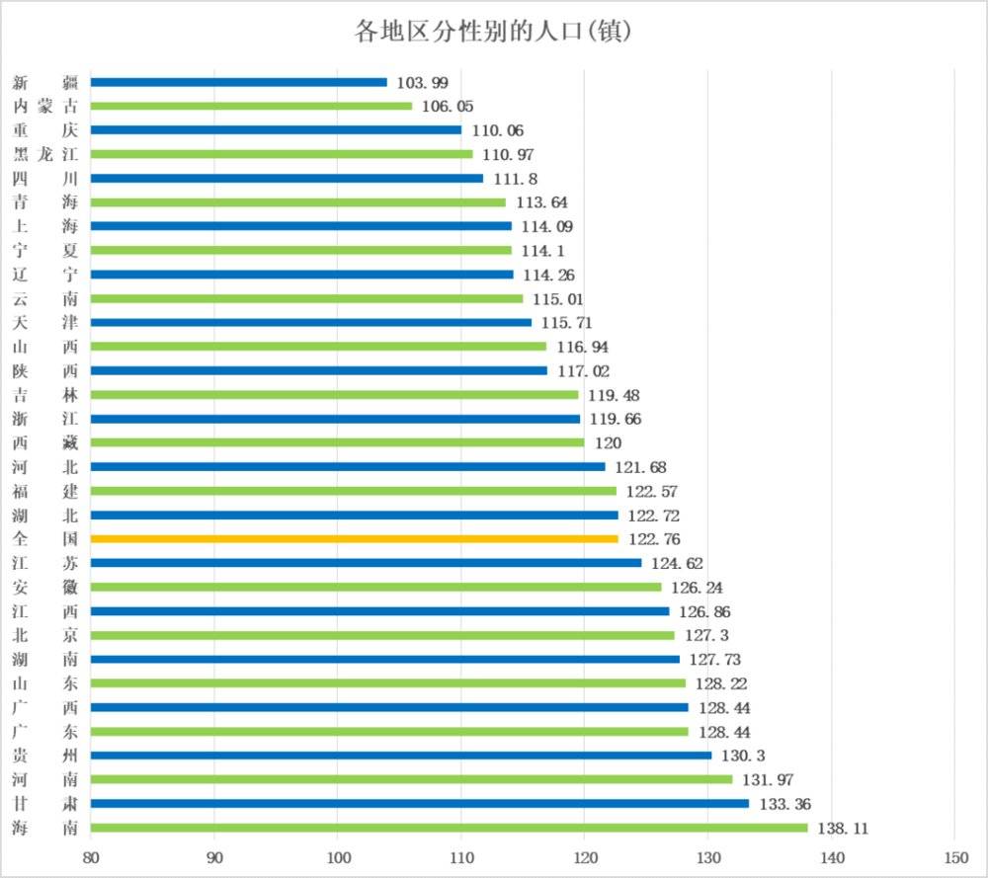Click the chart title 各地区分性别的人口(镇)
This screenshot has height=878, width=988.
(493, 32)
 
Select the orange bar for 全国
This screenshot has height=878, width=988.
(354, 539)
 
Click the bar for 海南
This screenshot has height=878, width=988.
(449, 828)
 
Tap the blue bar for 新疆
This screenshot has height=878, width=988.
(238, 82)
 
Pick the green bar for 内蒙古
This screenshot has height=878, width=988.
(251, 106)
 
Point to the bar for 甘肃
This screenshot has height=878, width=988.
(419, 803)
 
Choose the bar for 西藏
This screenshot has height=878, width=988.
(337, 442)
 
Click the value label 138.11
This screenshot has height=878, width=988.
(843, 828)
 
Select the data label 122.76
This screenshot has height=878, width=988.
(652, 539)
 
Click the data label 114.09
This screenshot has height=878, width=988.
(545, 226)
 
